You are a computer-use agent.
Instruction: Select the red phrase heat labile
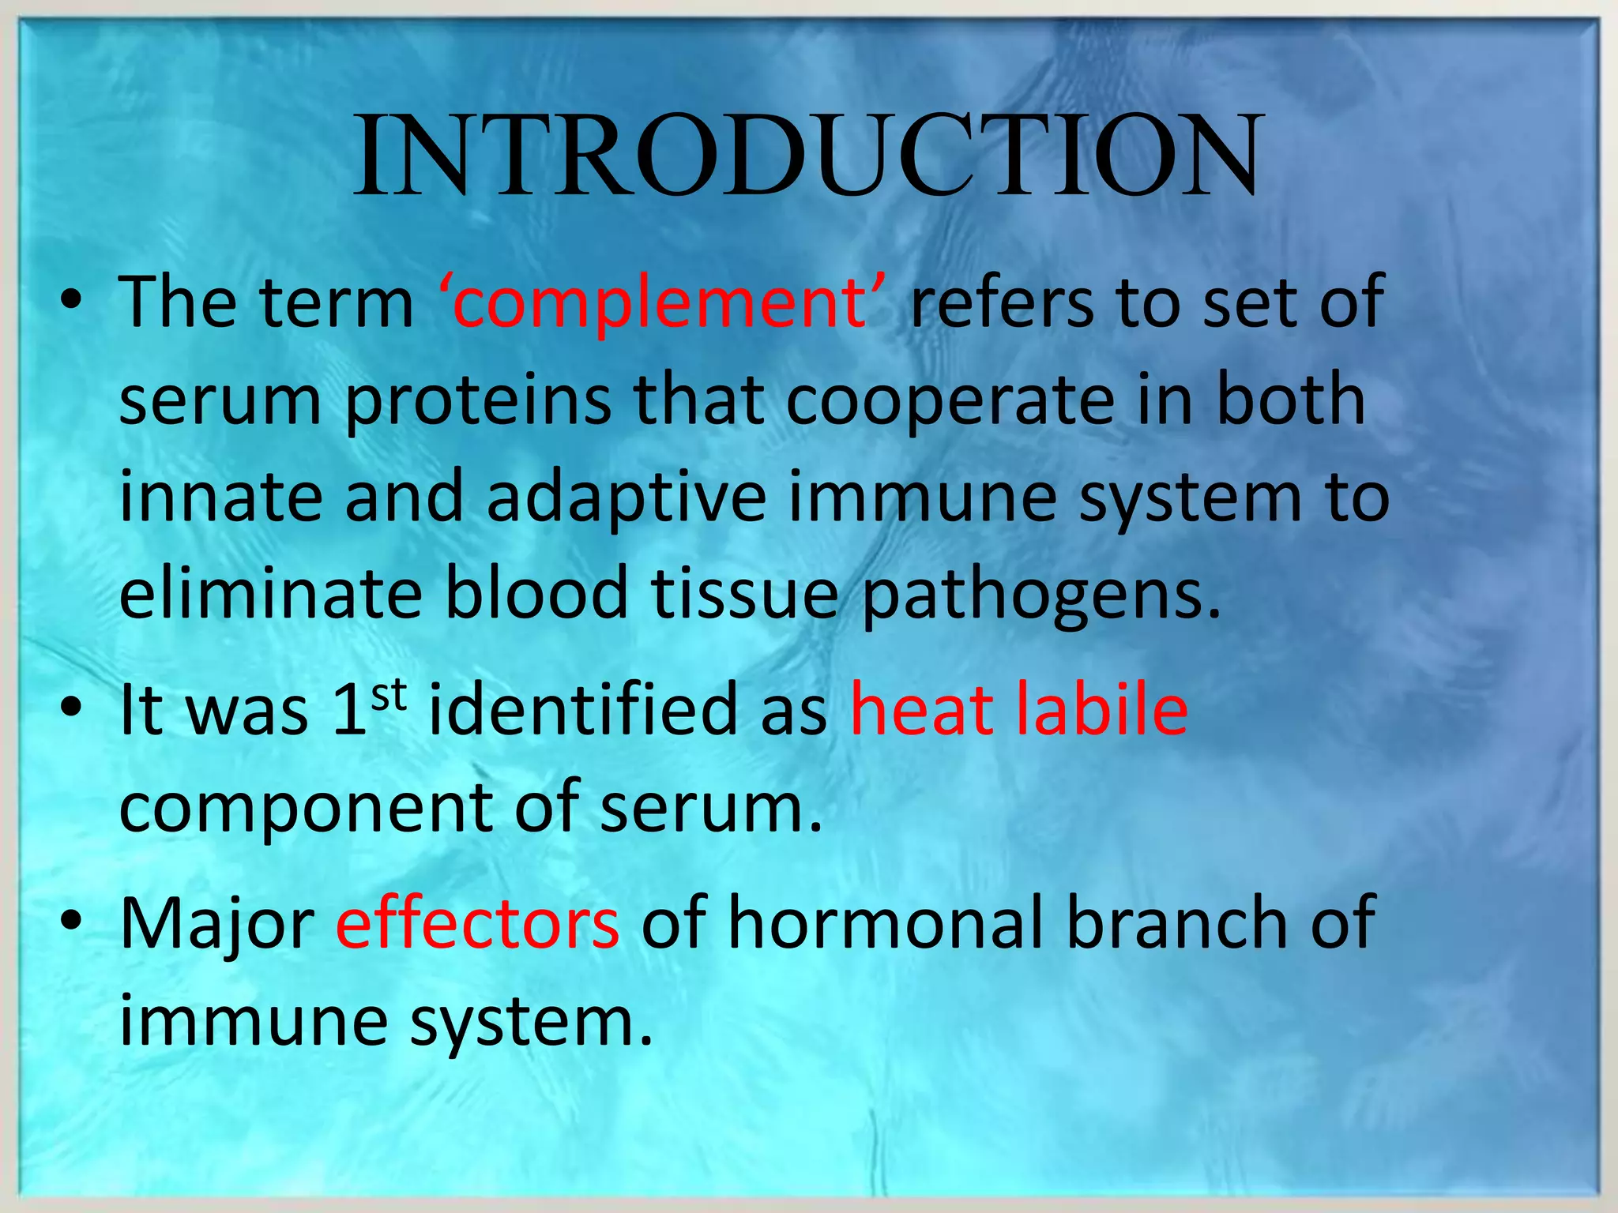[x=1018, y=710]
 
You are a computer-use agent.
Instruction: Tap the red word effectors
[x=477, y=923]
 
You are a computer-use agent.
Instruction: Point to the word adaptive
[x=627, y=498]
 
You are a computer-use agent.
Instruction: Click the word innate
[x=220, y=498]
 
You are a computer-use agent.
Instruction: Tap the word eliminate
[x=270, y=594]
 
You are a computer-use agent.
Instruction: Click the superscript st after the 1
[x=388, y=695]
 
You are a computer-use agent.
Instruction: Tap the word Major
[x=217, y=925]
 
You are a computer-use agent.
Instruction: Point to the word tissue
[x=744, y=594]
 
